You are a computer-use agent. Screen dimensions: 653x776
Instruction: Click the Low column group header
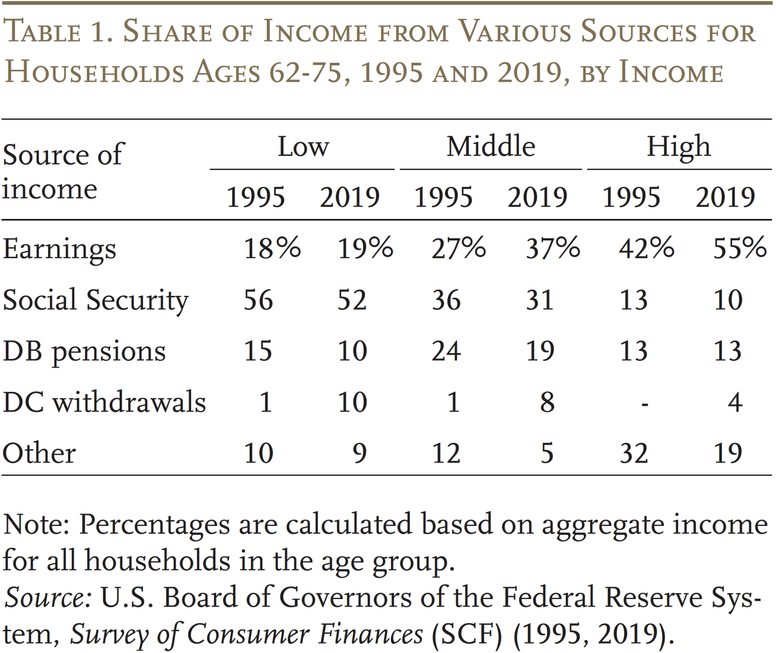click(x=303, y=147)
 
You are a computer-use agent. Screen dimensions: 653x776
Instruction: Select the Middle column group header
click(x=490, y=147)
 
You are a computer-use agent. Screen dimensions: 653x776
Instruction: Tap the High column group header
click(x=679, y=147)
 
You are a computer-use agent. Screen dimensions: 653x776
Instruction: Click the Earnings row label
click(x=59, y=249)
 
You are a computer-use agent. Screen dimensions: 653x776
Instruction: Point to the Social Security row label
click(x=96, y=300)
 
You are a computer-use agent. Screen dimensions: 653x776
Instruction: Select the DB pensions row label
click(x=84, y=352)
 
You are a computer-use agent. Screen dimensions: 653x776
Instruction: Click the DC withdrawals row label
click(x=104, y=402)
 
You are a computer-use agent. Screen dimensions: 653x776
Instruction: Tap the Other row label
click(x=39, y=453)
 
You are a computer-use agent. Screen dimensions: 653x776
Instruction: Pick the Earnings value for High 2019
click(x=739, y=248)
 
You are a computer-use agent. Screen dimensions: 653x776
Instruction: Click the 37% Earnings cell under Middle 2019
click(x=552, y=248)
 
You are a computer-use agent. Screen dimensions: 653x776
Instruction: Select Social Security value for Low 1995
click(x=258, y=300)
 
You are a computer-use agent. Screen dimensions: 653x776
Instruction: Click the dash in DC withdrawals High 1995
click(x=644, y=404)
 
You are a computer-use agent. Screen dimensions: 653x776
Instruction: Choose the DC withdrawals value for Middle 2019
click(x=547, y=402)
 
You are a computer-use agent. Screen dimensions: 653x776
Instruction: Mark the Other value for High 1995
click(x=633, y=453)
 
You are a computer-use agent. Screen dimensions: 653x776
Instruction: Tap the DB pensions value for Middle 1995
click(x=446, y=351)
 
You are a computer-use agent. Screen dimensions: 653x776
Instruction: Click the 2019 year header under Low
click(x=349, y=197)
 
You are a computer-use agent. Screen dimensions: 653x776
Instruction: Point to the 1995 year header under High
click(x=631, y=197)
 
